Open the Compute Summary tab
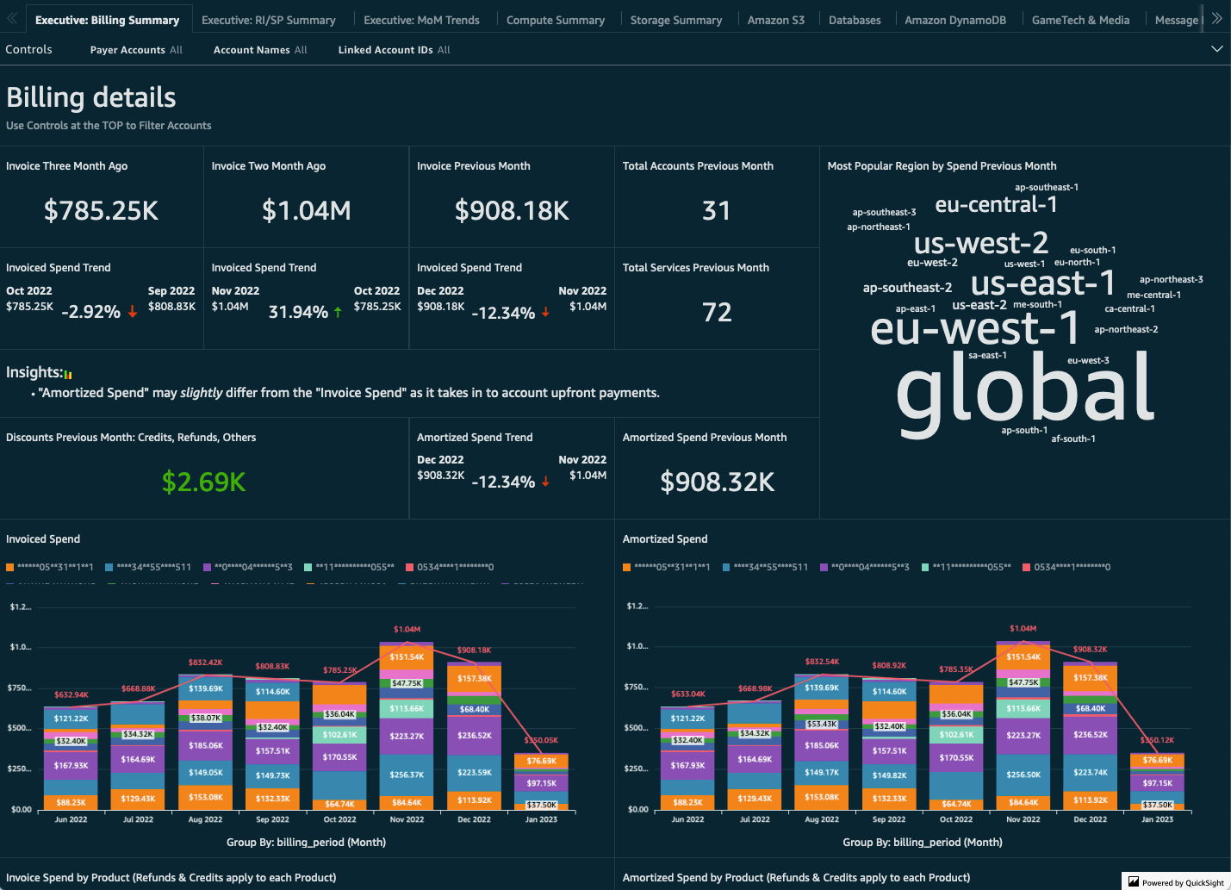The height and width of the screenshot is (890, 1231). (555, 20)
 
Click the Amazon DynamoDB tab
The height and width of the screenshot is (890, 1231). (954, 20)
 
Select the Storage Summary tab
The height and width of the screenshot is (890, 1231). (675, 20)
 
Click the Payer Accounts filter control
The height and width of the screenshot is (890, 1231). (136, 50)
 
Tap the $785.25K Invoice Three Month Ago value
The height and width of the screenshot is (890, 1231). (101, 210)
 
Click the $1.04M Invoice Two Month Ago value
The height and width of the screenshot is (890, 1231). (306, 210)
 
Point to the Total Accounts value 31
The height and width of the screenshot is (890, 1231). (716, 210)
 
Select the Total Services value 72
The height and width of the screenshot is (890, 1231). (716, 312)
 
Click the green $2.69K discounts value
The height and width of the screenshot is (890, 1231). (203, 482)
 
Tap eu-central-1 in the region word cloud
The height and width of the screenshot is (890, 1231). (996, 204)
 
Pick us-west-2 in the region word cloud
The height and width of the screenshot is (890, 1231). (980, 243)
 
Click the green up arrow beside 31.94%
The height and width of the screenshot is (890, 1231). (338, 312)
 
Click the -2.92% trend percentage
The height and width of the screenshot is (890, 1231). (90, 312)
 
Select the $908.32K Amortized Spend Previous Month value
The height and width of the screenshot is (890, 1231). (717, 482)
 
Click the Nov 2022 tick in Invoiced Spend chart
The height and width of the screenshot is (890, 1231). (407, 819)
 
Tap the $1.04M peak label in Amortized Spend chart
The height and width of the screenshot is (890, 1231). (1023, 628)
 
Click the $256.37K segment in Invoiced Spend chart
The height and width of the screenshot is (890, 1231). (407, 774)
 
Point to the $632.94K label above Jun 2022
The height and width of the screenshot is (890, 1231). (71, 694)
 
